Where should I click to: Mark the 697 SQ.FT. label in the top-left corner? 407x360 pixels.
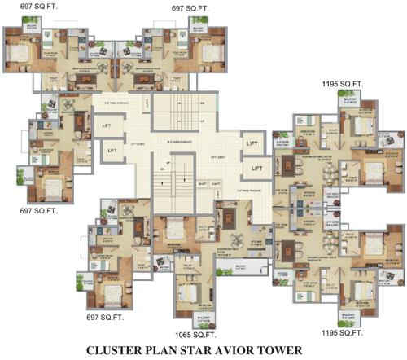(28, 7)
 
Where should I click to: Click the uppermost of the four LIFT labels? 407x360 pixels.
(107, 127)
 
